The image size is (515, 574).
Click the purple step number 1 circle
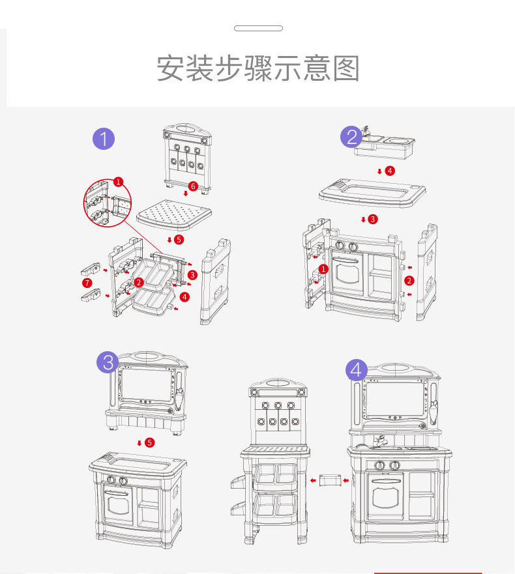pos(104,139)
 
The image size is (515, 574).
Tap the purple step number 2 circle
pos(352,137)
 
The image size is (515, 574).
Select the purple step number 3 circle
pos(108,362)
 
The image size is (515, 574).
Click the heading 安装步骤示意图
pos(258,68)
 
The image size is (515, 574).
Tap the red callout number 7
pos(87,283)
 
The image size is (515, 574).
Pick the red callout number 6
pos(192,186)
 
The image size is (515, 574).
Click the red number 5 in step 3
pos(150,442)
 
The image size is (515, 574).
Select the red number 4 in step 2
pos(390,171)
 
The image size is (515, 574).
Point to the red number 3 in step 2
pos(373,219)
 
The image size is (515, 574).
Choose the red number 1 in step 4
pos(323,268)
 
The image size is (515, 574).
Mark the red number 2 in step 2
pos(409,281)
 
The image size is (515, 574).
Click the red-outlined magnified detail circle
pos(107,201)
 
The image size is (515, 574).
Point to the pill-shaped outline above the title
pos(258,29)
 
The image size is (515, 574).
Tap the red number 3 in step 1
pos(192,275)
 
